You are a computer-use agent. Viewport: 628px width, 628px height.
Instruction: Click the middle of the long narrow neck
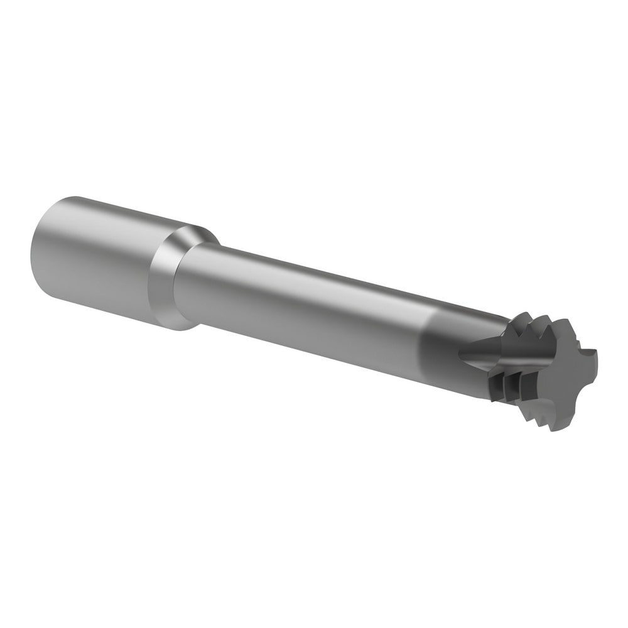coord(301,301)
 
